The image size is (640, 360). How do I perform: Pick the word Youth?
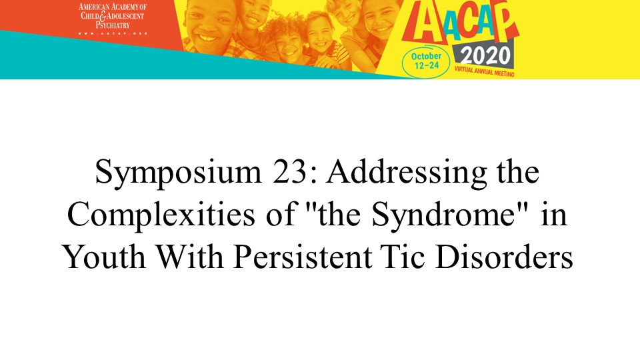tap(105, 257)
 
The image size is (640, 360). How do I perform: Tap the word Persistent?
tap(303, 257)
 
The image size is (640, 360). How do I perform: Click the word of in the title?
tap(281, 215)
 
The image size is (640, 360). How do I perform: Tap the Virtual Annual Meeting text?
tap(484, 71)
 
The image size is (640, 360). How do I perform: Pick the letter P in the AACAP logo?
tap(506, 21)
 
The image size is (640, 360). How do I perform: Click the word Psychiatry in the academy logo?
tap(113, 25)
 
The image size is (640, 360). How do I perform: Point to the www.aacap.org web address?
tap(113, 33)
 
